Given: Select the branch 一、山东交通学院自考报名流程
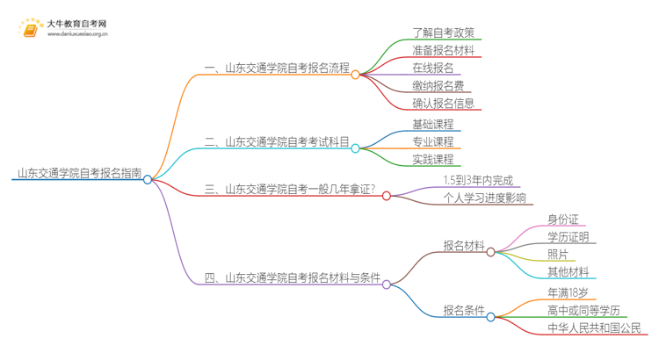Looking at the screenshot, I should (277, 68).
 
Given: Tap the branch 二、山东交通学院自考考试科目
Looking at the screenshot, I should (277, 141).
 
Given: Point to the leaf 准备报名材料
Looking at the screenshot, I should (444, 51).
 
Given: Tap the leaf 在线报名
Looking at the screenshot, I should (433, 68).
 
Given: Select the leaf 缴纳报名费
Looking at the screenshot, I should (438, 85).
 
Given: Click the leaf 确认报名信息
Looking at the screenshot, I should (444, 103).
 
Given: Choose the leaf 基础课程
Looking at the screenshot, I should (433, 124).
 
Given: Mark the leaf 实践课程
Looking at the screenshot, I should (433, 159).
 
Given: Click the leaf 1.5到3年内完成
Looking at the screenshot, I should (481, 181).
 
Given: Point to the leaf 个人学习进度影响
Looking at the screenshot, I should (485, 198).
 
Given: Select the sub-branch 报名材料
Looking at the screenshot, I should (463, 247).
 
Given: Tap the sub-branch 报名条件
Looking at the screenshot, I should (463, 310).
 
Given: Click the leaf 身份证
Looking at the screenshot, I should (562, 220).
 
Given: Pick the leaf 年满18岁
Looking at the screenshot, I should (568, 292).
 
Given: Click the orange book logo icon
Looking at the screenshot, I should (30, 29).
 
